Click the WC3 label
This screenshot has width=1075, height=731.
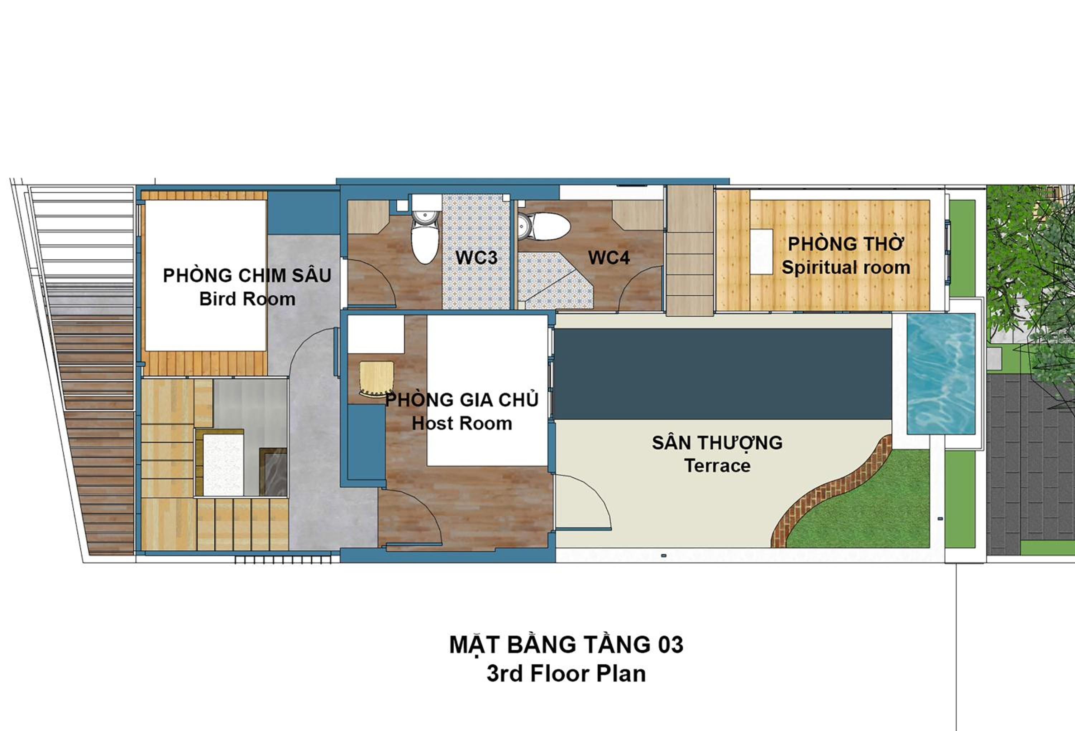coord(477,258)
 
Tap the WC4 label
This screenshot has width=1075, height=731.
coord(609,258)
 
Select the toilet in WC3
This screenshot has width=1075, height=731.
coord(425,229)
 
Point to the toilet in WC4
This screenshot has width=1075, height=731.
coord(544,226)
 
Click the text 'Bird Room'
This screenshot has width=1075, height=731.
coord(248,299)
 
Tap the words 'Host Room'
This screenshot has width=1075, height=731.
coord(462,423)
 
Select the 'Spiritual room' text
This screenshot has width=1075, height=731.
coord(846,267)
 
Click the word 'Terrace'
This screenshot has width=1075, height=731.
coord(717,465)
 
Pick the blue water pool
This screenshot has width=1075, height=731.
coord(941,374)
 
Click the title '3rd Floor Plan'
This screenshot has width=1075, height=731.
coord(566,674)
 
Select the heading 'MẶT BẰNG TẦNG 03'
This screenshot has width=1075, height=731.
coord(566,645)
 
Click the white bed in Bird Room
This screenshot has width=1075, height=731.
coord(206,275)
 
